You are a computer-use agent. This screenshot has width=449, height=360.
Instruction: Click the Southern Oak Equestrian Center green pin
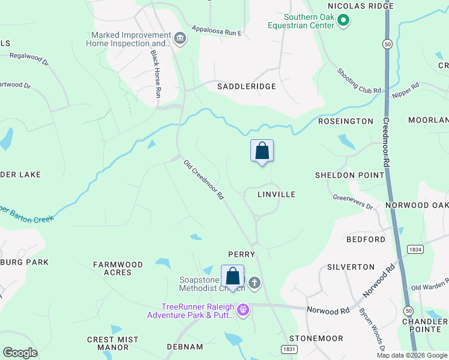[x=343, y=22]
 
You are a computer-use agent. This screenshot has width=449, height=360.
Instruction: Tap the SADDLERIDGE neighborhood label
[x=246, y=86]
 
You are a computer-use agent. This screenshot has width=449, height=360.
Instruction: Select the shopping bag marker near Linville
[x=262, y=151]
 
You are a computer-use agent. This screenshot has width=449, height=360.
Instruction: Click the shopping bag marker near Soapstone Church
[x=233, y=277]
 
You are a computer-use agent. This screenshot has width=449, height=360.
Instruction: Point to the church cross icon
[x=255, y=283]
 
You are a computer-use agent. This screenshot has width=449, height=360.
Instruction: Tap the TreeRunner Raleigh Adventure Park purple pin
[x=243, y=310]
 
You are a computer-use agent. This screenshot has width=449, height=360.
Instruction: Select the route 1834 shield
[x=414, y=248]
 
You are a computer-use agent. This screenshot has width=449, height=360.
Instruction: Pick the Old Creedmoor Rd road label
[x=204, y=179]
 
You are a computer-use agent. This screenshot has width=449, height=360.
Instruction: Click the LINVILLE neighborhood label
[x=276, y=194]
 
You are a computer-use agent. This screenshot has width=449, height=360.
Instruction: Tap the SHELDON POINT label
[x=349, y=175]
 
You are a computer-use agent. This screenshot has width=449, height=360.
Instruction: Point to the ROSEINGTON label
[x=345, y=121]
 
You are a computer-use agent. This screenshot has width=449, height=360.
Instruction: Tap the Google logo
[x=20, y=353]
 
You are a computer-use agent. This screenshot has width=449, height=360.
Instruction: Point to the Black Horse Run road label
[x=156, y=74]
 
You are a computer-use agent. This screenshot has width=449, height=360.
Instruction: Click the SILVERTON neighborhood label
[x=351, y=266]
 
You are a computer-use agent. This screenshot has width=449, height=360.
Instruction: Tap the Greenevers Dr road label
[x=353, y=202]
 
